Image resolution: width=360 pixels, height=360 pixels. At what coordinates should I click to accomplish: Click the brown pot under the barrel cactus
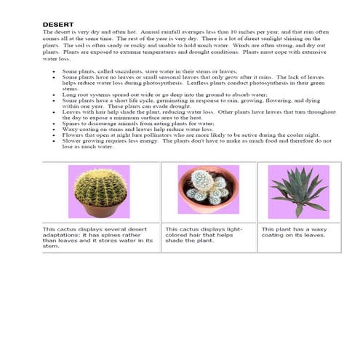[x=100, y=210]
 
